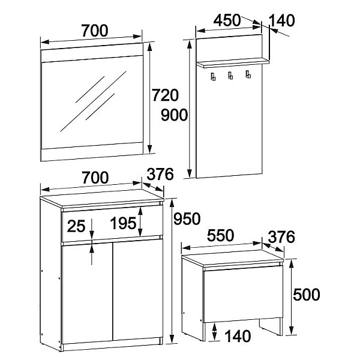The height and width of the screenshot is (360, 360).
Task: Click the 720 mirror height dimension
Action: click(x=165, y=95)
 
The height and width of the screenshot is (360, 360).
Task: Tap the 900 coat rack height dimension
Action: click(x=174, y=115)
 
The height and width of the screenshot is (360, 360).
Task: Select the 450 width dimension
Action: click(x=227, y=20)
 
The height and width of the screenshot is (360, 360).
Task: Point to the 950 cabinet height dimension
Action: click(x=187, y=219)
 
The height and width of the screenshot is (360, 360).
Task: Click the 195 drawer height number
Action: click(x=123, y=223)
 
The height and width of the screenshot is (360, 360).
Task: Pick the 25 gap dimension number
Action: click(x=76, y=226)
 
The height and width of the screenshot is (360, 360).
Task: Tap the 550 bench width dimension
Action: click(x=220, y=235)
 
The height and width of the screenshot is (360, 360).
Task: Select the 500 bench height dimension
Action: click(x=307, y=295)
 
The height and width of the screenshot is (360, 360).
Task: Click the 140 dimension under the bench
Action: click(x=238, y=337)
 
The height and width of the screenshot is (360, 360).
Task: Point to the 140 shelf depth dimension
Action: click(x=281, y=20)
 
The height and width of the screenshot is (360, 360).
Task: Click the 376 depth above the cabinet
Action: click(x=160, y=174)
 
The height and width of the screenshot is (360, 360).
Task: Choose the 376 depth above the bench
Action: click(x=281, y=237)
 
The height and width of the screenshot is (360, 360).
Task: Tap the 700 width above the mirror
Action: click(x=95, y=31)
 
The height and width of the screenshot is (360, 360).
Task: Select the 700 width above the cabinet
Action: click(x=95, y=178)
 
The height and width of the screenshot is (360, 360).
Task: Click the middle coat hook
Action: click(x=230, y=76)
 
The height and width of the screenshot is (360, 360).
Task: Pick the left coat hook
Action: click(x=213, y=76)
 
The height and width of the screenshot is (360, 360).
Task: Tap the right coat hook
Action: click(x=248, y=74)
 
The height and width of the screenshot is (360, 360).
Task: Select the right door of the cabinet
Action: click(x=138, y=290)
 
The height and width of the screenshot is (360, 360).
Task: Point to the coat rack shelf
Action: click(x=233, y=62)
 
